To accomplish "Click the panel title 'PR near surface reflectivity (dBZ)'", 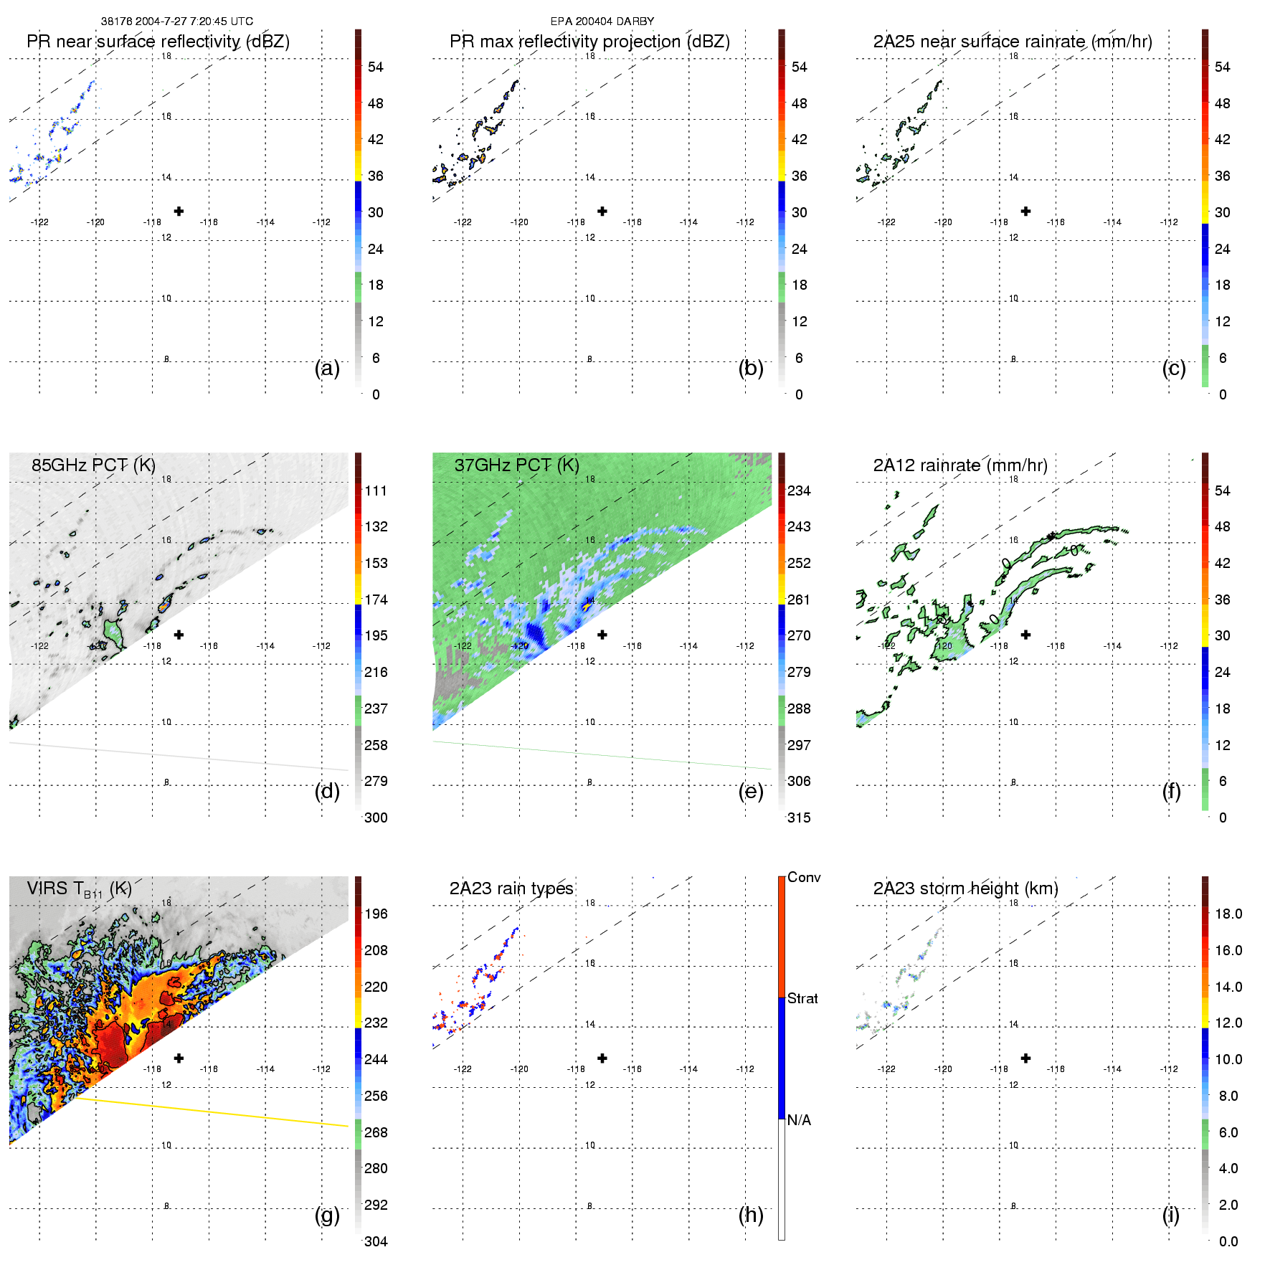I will coord(158,42).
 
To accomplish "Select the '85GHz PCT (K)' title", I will coord(93,465).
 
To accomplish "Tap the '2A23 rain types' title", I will coord(511,888).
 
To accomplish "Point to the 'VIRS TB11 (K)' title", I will coord(79,889).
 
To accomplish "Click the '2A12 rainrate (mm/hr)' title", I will coord(960,465).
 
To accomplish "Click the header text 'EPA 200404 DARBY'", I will coord(602,22).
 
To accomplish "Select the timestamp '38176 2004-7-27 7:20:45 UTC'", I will coord(176,22).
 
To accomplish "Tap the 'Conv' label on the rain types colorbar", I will coord(804,878).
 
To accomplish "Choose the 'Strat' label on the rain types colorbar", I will coord(802,999).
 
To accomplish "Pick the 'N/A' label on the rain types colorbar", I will coord(799,1120).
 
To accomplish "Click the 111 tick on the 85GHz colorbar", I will coord(376,491).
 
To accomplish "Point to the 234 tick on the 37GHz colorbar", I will coord(799,491).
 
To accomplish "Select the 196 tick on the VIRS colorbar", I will coord(376,914).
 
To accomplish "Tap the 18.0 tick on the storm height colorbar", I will coord(1228,914).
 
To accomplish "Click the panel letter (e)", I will coord(751,792).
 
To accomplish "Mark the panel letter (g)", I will coord(327,1215).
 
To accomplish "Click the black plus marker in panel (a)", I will coord(179,212).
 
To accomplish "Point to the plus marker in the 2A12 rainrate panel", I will coord(1026,635).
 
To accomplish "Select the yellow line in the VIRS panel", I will coord(215,1112).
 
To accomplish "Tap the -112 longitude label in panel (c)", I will coord(1169,222).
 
